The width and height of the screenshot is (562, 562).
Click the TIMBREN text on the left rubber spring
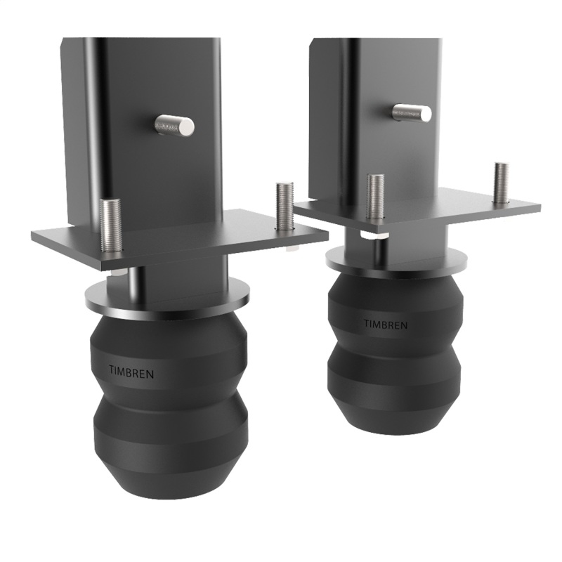[x=131, y=372]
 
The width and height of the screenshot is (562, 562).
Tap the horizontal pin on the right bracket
[x=412, y=112]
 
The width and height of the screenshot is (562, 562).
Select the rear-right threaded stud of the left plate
[x=284, y=206]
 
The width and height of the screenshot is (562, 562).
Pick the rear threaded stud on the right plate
[x=501, y=183]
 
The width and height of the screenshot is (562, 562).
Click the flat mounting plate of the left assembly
[x=211, y=242]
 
